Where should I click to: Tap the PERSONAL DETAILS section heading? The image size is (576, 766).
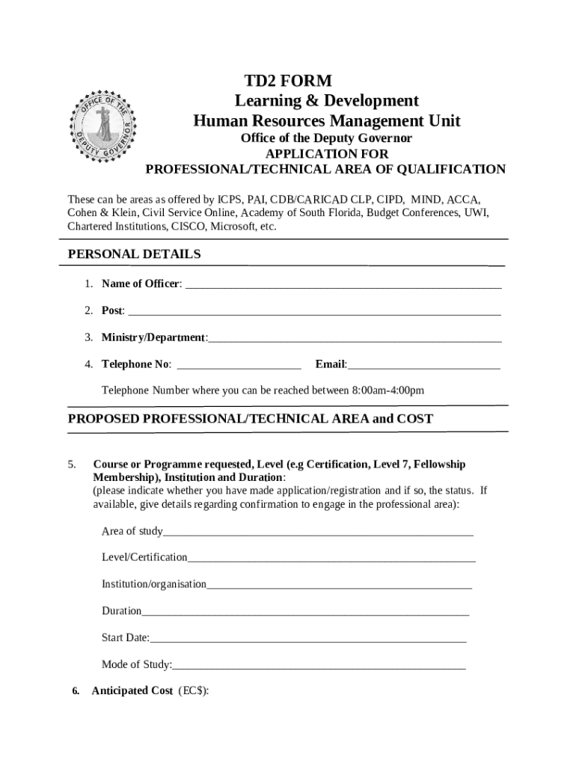click(x=135, y=254)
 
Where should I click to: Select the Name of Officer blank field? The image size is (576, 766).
click(x=342, y=285)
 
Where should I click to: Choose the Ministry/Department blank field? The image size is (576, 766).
click(x=355, y=339)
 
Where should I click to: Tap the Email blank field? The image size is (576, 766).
click(x=423, y=366)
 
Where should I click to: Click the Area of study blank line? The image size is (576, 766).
click(x=318, y=533)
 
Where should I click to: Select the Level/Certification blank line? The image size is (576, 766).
click(x=331, y=558)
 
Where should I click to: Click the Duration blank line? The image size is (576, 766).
click(x=304, y=612)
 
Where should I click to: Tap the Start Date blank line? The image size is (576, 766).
click(x=307, y=639)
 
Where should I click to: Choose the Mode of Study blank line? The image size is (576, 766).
click(x=319, y=666)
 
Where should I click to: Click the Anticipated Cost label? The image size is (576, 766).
click(x=132, y=690)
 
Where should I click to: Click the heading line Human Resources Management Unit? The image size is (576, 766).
click(x=327, y=121)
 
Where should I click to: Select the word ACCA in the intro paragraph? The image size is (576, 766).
click(x=463, y=200)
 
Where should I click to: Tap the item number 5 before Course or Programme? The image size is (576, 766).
click(x=71, y=465)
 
